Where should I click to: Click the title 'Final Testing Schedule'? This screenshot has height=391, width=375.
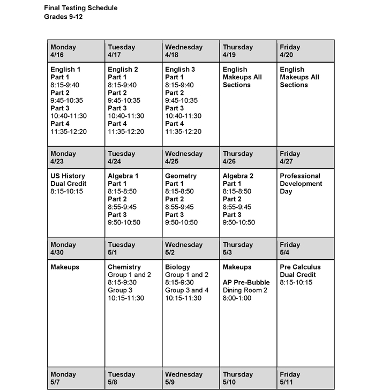[81, 8]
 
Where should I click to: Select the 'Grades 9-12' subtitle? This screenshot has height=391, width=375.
[63, 17]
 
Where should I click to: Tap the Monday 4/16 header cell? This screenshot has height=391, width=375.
[76, 51]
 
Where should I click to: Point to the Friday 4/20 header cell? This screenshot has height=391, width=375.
[305, 51]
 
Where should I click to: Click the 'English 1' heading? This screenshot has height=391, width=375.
[66, 70]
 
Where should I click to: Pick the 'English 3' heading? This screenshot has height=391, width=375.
[180, 70]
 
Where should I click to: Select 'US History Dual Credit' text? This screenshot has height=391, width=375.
[67, 180]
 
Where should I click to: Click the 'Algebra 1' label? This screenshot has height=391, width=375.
[123, 176]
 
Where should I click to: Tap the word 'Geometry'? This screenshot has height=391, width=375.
[181, 176]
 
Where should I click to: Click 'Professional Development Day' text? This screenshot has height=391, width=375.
[301, 184]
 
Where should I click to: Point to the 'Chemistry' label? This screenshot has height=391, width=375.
[124, 267]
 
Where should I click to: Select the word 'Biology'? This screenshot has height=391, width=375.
[178, 267]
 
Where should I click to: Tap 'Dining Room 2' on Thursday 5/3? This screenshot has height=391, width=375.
[245, 290]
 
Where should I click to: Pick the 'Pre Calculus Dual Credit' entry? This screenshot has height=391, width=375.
[300, 271]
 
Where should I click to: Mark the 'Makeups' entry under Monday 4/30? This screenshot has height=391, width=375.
[65, 267]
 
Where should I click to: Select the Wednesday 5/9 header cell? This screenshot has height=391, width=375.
[191, 378]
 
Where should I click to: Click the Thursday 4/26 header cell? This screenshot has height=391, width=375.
[248, 157]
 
